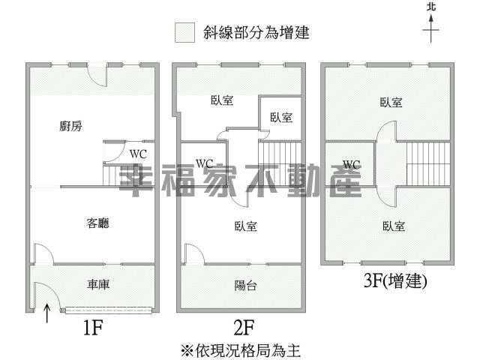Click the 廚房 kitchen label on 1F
click(70, 126)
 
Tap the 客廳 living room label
click(97, 223)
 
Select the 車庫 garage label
click(98, 284)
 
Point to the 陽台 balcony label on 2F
click(245, 286)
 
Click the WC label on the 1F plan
click(138, 154)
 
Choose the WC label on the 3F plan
click(352, 165)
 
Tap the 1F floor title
click(93, 328)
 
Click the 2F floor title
click(244, 328)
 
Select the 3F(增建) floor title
click(395, 280)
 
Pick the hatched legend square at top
click(185, 32)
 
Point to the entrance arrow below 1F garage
click(46, 313)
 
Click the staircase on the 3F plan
click(428, 163)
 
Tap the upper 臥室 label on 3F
click(391, 103)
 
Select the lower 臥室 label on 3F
click(394, 226)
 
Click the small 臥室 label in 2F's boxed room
click(281, 118)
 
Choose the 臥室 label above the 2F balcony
click(245, 226)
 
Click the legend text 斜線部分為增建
click(256, 32)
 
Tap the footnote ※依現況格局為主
click(240, 350)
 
